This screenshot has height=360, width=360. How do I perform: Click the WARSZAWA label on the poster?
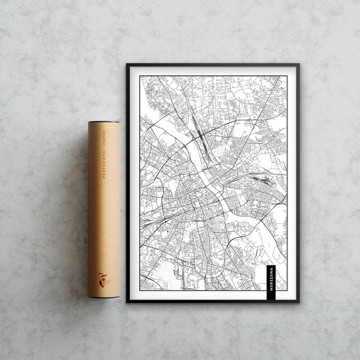(x=271, y=278)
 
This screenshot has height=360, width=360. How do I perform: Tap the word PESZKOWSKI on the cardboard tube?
(x=103, y=167)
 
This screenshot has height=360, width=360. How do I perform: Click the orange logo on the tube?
(x=102, y=278)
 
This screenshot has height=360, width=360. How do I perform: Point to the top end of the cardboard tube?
(x=103, y=124)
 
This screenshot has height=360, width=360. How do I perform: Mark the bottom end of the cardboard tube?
(x=103, y=295)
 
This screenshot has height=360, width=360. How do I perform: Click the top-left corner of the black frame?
(x=127, y=65)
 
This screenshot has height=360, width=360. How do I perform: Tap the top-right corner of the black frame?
(x=298, y=65)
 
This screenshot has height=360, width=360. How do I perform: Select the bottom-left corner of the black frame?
(x=127, y=301)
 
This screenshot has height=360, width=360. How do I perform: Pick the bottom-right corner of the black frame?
(x=298, y=301)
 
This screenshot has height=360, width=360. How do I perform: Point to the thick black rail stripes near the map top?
(x=197, y=126)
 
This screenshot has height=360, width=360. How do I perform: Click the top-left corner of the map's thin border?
(x=140, y=76)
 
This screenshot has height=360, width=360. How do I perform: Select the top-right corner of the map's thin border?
(x=287, y=76)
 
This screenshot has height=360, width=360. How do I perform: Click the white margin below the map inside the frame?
(x=204, y=295)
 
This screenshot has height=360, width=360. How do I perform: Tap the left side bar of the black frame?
(x=127, y=183)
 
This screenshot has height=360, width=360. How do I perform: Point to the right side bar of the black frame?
(x=298, y=183)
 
